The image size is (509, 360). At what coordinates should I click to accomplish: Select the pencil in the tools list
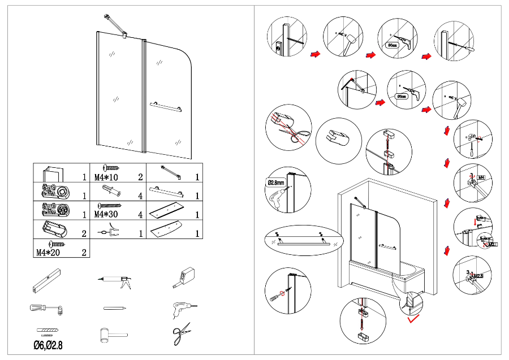pyautogui.click(x=114, y=308)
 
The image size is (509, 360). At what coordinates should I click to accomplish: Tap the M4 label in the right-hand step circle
pyautogui.click(x=481, y=178)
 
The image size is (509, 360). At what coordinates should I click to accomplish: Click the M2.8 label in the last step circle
pyautogui.click(x=478, y=276)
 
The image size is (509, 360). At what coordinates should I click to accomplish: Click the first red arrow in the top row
pyautogui.click(x=315, y=54)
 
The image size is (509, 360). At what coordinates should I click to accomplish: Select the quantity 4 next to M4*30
pyautogui.click(x=139, y=215)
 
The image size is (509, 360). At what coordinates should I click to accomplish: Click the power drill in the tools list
pyautogui.click(x=182, y=308)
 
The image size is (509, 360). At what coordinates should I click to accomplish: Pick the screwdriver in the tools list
pyautogui.click(x=46, y=309)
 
